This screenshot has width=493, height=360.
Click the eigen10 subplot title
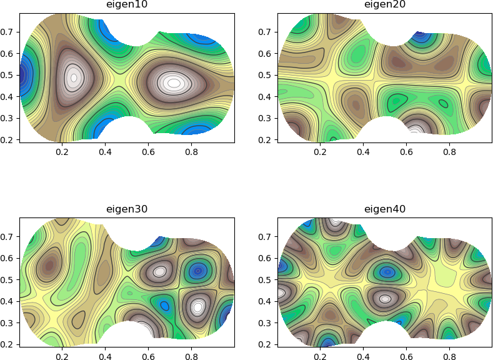click(x=127, y=5)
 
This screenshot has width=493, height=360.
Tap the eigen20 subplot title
click(x=385, y=5)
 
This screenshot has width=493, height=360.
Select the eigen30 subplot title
click(x=127, y=209)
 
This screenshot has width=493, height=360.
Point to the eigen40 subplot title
click(x=385, y=209)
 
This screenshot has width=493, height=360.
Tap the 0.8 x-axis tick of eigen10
click(x=191, y=151)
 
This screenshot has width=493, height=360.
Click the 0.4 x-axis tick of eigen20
click(x=363, y=151)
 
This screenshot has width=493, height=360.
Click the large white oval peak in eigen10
click(x=173, y=82)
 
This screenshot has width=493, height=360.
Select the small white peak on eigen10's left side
click(x=74, y=78)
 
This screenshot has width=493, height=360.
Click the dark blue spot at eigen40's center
click(x=388, y=272)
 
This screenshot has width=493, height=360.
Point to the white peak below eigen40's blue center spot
click(x=385, y=299)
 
